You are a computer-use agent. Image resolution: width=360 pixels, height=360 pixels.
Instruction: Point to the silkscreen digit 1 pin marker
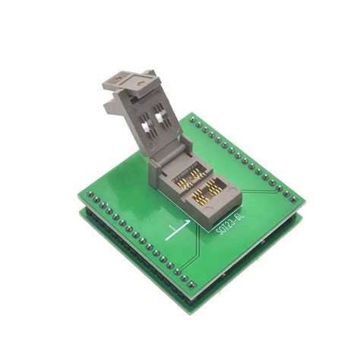point(173,229)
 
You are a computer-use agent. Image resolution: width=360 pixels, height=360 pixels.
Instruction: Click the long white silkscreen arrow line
point(177,230)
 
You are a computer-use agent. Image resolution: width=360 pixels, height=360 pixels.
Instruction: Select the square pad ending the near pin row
point(192,285)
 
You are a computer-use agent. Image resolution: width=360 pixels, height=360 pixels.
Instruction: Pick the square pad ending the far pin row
point(293,200)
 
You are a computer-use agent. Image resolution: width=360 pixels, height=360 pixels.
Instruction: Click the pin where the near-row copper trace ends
point(178,272)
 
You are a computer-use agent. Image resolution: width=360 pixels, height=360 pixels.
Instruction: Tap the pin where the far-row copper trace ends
point(279,188)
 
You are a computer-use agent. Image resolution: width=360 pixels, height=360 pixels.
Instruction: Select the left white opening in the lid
point(144,127)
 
